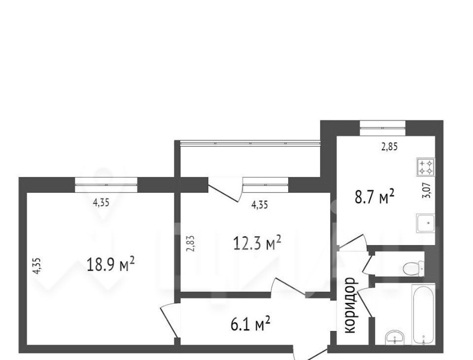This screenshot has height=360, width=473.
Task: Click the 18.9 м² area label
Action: (x=110, y=264)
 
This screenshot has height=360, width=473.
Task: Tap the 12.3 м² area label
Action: (x=257, y=243)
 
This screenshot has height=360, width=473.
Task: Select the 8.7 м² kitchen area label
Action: (x=374, y=196)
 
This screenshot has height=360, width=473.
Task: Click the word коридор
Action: (x=350, y=305)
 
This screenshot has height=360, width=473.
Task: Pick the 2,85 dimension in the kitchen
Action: (x=389, y=147)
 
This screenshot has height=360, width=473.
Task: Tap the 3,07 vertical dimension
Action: (x=428, y=191)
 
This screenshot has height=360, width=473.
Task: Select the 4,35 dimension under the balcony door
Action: (x=260, y=205)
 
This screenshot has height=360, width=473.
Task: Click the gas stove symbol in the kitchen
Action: (x=426, y=168)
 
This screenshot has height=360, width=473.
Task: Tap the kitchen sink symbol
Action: (x=426, y=223)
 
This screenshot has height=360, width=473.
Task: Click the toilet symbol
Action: (x=412, y=268)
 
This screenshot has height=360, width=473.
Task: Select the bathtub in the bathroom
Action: (x=424, y=315)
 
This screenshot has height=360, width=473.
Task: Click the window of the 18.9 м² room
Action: (x=106, y=185)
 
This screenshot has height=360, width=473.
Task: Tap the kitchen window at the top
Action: (x=382, y=128)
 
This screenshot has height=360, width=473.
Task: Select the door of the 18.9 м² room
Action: (x=169, y=321)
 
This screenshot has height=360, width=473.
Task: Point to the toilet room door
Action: (x=369, y=264)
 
